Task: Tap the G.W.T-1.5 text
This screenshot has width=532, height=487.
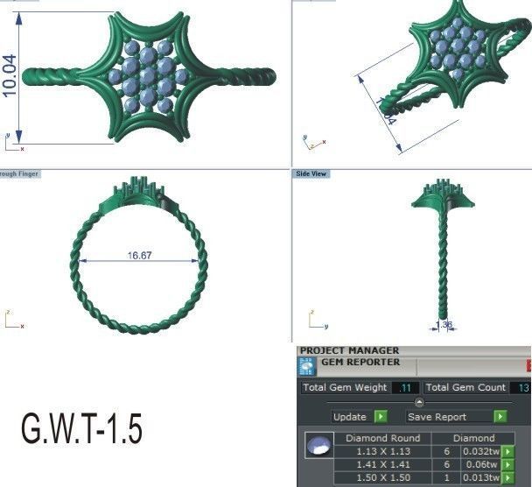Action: [x=81, y=428]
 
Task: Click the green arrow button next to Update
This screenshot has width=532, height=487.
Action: [x=380, y=417]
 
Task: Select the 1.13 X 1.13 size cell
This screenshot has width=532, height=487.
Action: [x=382, y=451]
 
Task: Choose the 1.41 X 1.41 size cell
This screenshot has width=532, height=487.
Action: [x=382, y=464]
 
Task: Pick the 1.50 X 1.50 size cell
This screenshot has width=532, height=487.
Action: [x=382, y=477]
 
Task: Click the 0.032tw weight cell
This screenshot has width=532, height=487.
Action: [x=481, y=451]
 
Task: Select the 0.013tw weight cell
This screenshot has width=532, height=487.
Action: [x=480, y=477]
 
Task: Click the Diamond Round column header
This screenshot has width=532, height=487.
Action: [x=382, y=438]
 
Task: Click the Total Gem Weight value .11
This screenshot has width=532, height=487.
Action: [x=405, y=387]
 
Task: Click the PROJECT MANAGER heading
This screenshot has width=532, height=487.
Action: [x=349, y=350]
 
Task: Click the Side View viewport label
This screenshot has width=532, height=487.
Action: [x=311, y=174]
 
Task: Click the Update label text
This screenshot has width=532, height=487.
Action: [x=349, y=417]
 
